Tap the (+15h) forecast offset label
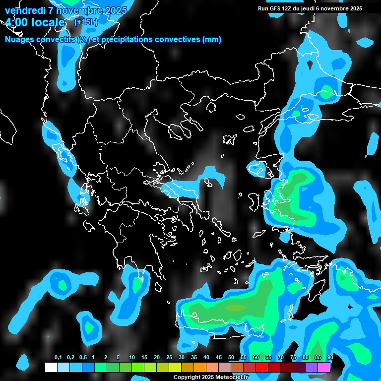click(86, 22)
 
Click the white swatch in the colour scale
click(51, 367)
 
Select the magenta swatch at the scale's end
click(324, 367)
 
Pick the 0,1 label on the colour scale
click(58, 358)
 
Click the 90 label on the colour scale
click(330, 358)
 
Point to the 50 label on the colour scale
click(231, 358)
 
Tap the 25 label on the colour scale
click(169, 358)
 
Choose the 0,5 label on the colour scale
click(83, 358)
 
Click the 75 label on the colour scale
click(293, 358)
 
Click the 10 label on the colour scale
click(132, 358)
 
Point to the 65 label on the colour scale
click(268, 358)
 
